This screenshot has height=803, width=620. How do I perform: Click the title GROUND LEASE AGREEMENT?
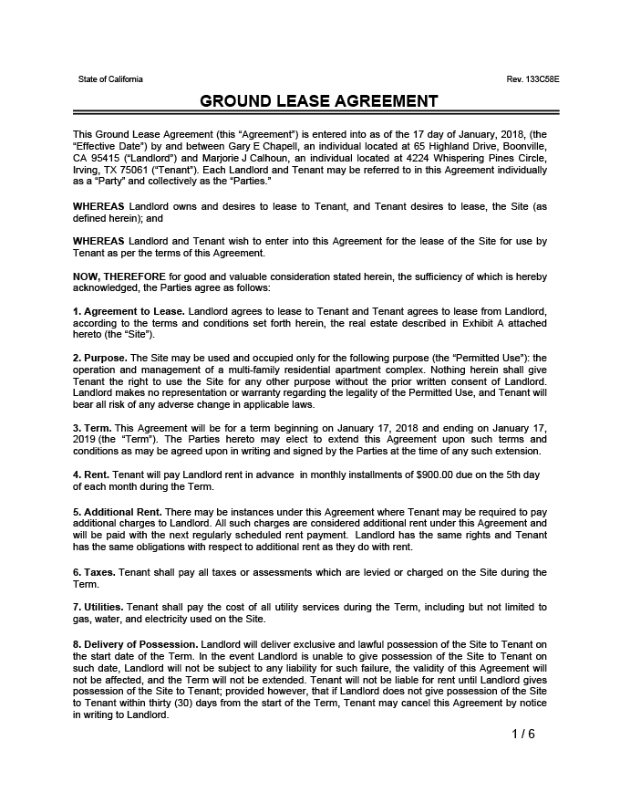coord(318,101)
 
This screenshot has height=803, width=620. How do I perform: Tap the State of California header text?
coord(110,79)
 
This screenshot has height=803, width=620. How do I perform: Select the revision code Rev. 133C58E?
coord(532,79)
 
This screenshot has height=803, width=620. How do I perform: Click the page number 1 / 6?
coord(522,735)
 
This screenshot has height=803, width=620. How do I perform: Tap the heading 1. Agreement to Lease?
coord(129,311)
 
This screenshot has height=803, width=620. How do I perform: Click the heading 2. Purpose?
coord(100,357)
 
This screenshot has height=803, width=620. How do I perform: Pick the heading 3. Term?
coord(91,427)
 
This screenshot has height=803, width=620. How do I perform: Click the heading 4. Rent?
coord(91,474)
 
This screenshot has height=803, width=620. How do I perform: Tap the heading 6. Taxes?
coord(94,572)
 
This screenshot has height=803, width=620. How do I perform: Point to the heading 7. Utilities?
coord(98,607)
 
